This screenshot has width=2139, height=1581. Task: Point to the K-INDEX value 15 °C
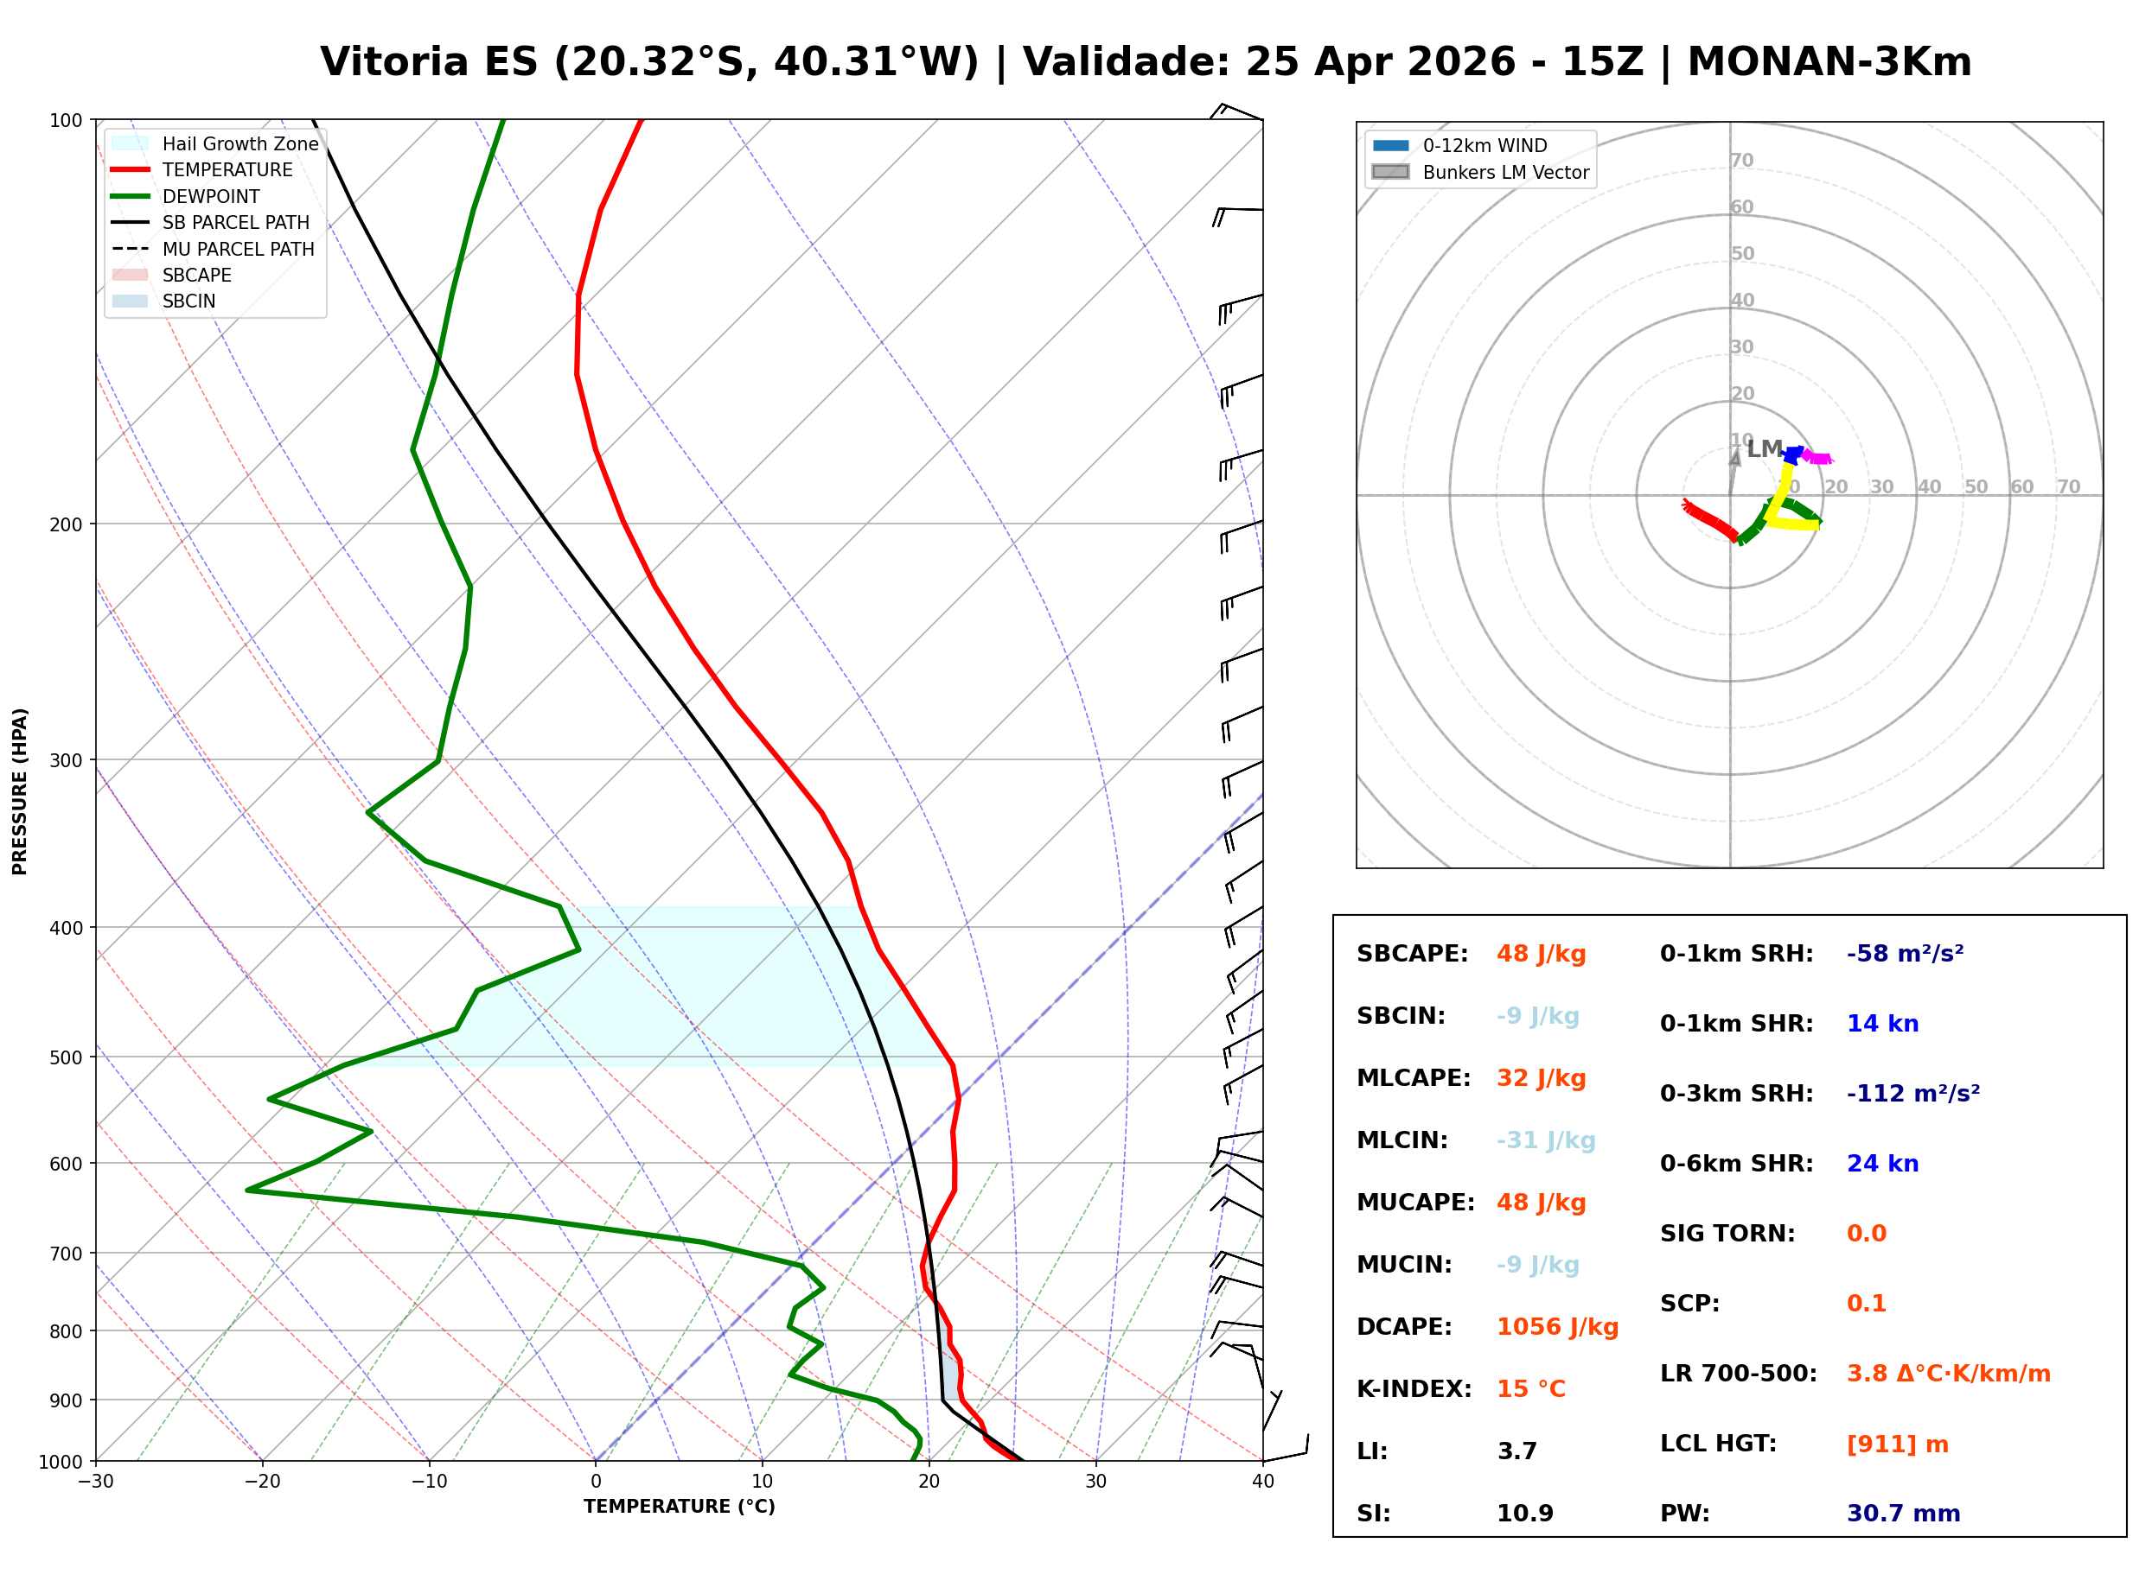(x=1530, y=1389)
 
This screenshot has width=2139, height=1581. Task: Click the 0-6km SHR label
(x=1736, y=1164)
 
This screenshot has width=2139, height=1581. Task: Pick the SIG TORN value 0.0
(x=1866, y=1234)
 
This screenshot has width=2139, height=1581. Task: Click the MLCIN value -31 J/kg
(x=1545, y=1140)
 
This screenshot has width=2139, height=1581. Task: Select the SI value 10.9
(x=1524, y=1514)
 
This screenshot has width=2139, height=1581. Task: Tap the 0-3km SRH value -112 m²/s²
(x=1912, y=1094)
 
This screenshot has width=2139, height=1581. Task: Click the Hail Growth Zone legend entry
(x=239, y=143)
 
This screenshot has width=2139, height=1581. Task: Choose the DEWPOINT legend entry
(x=211, y=196)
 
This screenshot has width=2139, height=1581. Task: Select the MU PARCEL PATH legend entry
(x=238, y=249)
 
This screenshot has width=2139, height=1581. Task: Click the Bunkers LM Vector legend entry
(x=1504, y=172)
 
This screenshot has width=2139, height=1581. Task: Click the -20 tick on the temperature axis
(x=261, y=1482)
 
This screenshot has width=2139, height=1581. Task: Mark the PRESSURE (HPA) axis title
(x=19, y=790)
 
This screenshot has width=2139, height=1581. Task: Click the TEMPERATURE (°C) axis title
(x=679, y=1507)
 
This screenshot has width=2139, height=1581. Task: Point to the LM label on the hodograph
(x=1764, y=449)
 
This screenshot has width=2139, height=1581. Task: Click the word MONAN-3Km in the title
(x=1829, y=62)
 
